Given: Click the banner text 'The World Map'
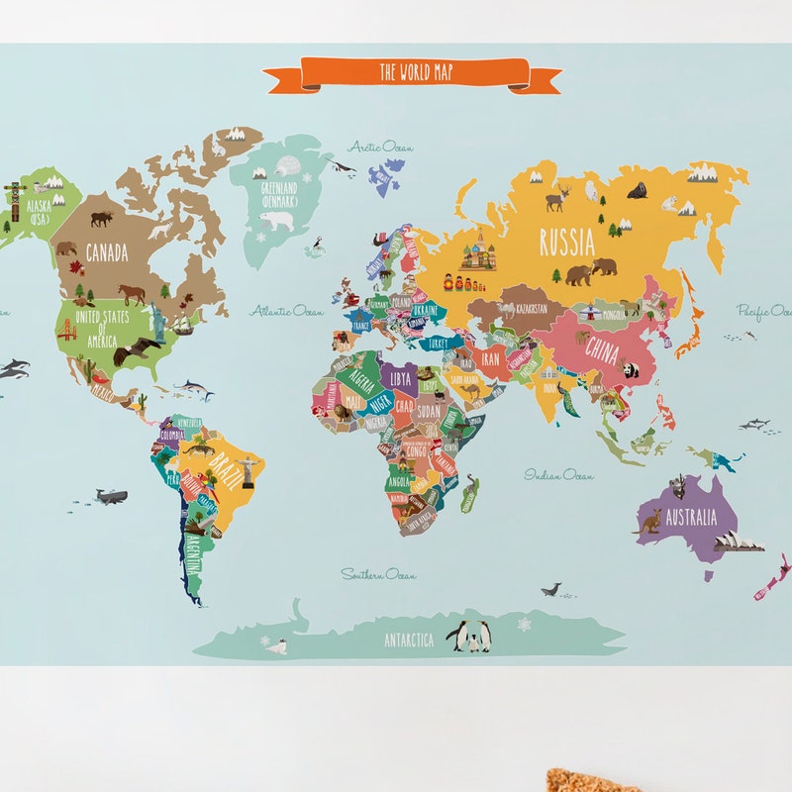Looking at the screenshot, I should [416, 72].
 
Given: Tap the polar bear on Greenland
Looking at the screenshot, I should [278, 220].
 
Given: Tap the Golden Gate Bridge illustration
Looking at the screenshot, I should [66, 330].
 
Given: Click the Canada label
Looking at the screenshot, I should [106, 252].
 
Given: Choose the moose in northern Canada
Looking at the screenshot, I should [101, 218].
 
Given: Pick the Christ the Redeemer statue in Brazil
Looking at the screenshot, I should [247, 471].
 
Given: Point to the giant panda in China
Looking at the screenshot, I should [630, 370].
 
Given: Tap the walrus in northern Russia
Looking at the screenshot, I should [638, 190].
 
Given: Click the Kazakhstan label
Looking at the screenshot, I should [525, 309].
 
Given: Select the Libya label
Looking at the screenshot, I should [400, 378].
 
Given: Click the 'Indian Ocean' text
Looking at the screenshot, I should [559, 475].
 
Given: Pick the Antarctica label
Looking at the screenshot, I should [409, 641].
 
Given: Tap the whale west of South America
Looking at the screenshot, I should [109, 496].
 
